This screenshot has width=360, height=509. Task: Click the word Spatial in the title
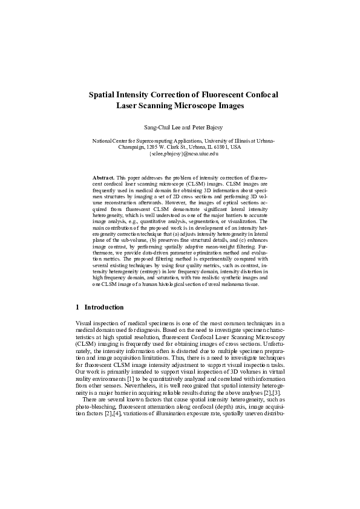[103, 94]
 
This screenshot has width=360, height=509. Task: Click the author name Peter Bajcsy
[200, 128]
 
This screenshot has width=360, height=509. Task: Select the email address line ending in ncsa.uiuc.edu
[180, 154]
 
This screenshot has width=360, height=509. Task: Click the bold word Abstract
[103, 177]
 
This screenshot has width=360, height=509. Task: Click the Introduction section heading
[104, 307]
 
